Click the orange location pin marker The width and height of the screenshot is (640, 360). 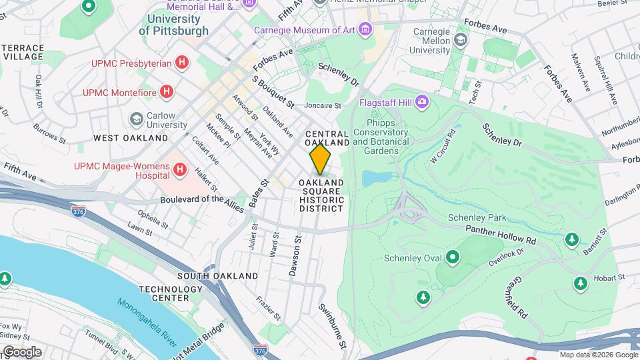(x=320, y=159)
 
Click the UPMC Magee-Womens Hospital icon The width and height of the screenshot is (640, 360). (x=179, y=170)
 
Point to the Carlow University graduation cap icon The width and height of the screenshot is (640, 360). (x=137, y=119)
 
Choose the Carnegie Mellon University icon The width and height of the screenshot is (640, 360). (x=460, y=41)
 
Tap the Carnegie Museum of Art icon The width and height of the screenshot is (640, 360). (x=365, y=29)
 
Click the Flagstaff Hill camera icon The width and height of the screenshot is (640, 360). (x=421, y=102)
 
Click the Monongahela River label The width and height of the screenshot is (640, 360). (x=147, y=323)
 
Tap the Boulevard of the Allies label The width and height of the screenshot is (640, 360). (x=202, y=200)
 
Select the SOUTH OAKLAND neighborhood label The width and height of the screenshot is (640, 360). (x=217, y=275)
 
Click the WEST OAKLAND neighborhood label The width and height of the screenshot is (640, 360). (x=131, y=138)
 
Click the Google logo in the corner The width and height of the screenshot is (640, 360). (x=22, y=352)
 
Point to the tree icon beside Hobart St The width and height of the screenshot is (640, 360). (x=581, y=284)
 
